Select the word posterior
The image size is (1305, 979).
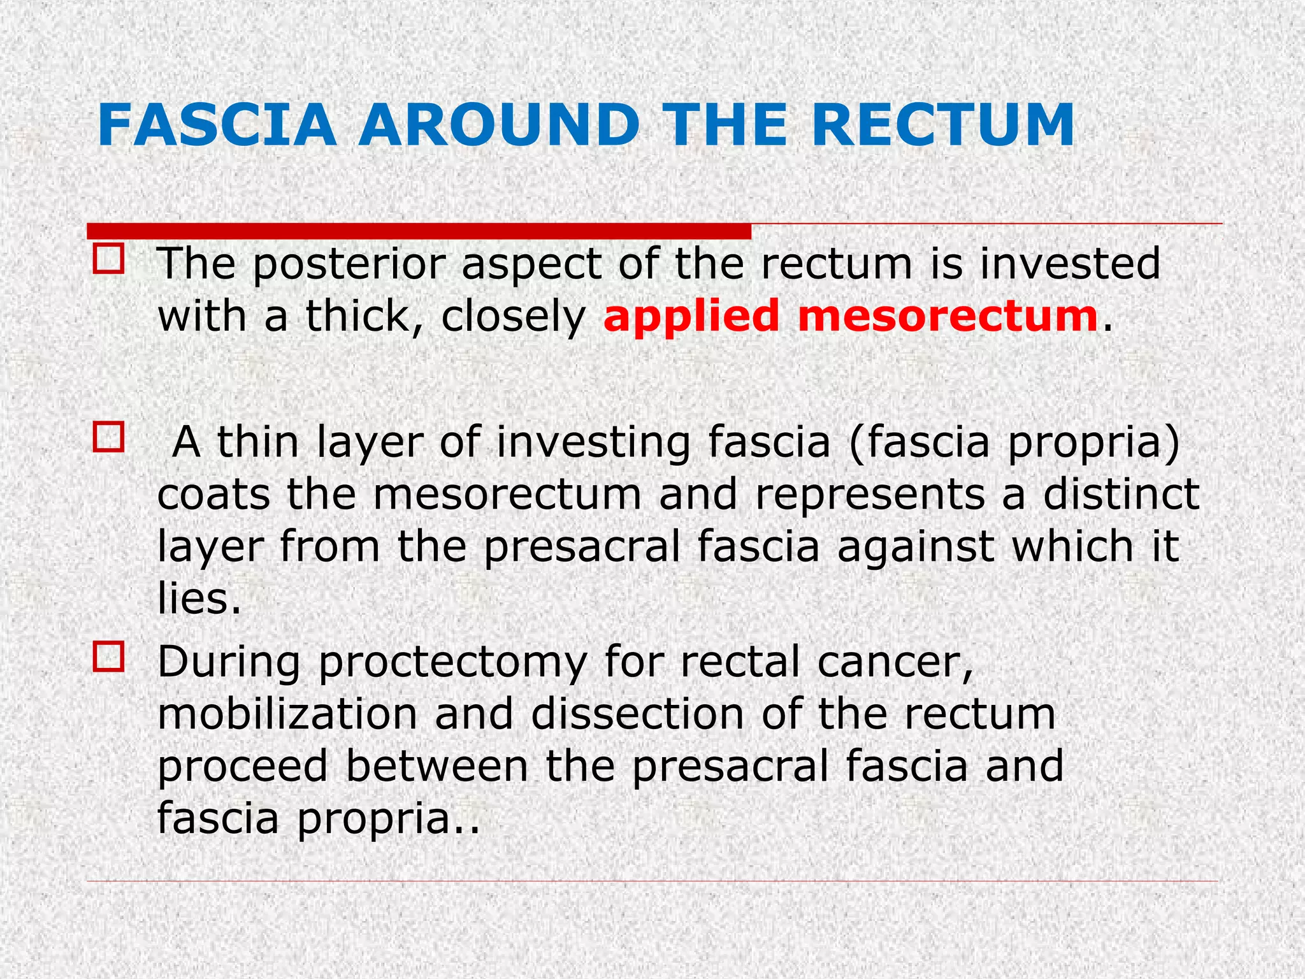click(350, 265)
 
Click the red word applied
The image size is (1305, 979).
click(691, 317)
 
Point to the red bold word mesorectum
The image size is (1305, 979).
click(948, 317)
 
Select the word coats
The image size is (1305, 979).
click(214, 495)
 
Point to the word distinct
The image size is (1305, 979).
click(1121, 495)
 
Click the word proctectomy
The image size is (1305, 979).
click(452, 664)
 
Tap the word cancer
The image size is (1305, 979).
click(896, 662)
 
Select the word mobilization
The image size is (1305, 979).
click(287, 714)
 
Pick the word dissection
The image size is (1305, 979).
click(638, 714)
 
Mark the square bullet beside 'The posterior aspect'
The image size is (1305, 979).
click(108, 259)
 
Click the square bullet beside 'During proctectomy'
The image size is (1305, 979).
click(108, 657)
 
